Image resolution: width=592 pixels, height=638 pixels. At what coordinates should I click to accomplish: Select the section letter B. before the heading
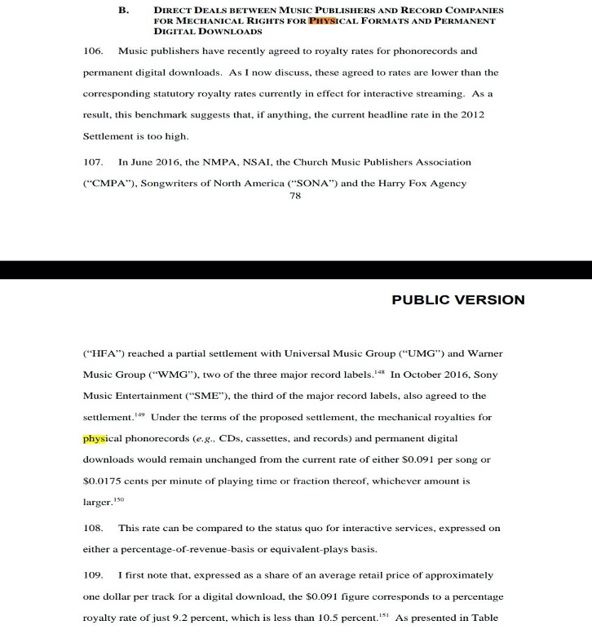124,11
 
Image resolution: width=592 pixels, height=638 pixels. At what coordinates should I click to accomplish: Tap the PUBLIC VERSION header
458,299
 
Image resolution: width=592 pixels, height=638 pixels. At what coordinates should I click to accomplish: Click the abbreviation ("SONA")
307,184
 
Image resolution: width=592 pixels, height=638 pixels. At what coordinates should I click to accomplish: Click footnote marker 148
380,371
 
